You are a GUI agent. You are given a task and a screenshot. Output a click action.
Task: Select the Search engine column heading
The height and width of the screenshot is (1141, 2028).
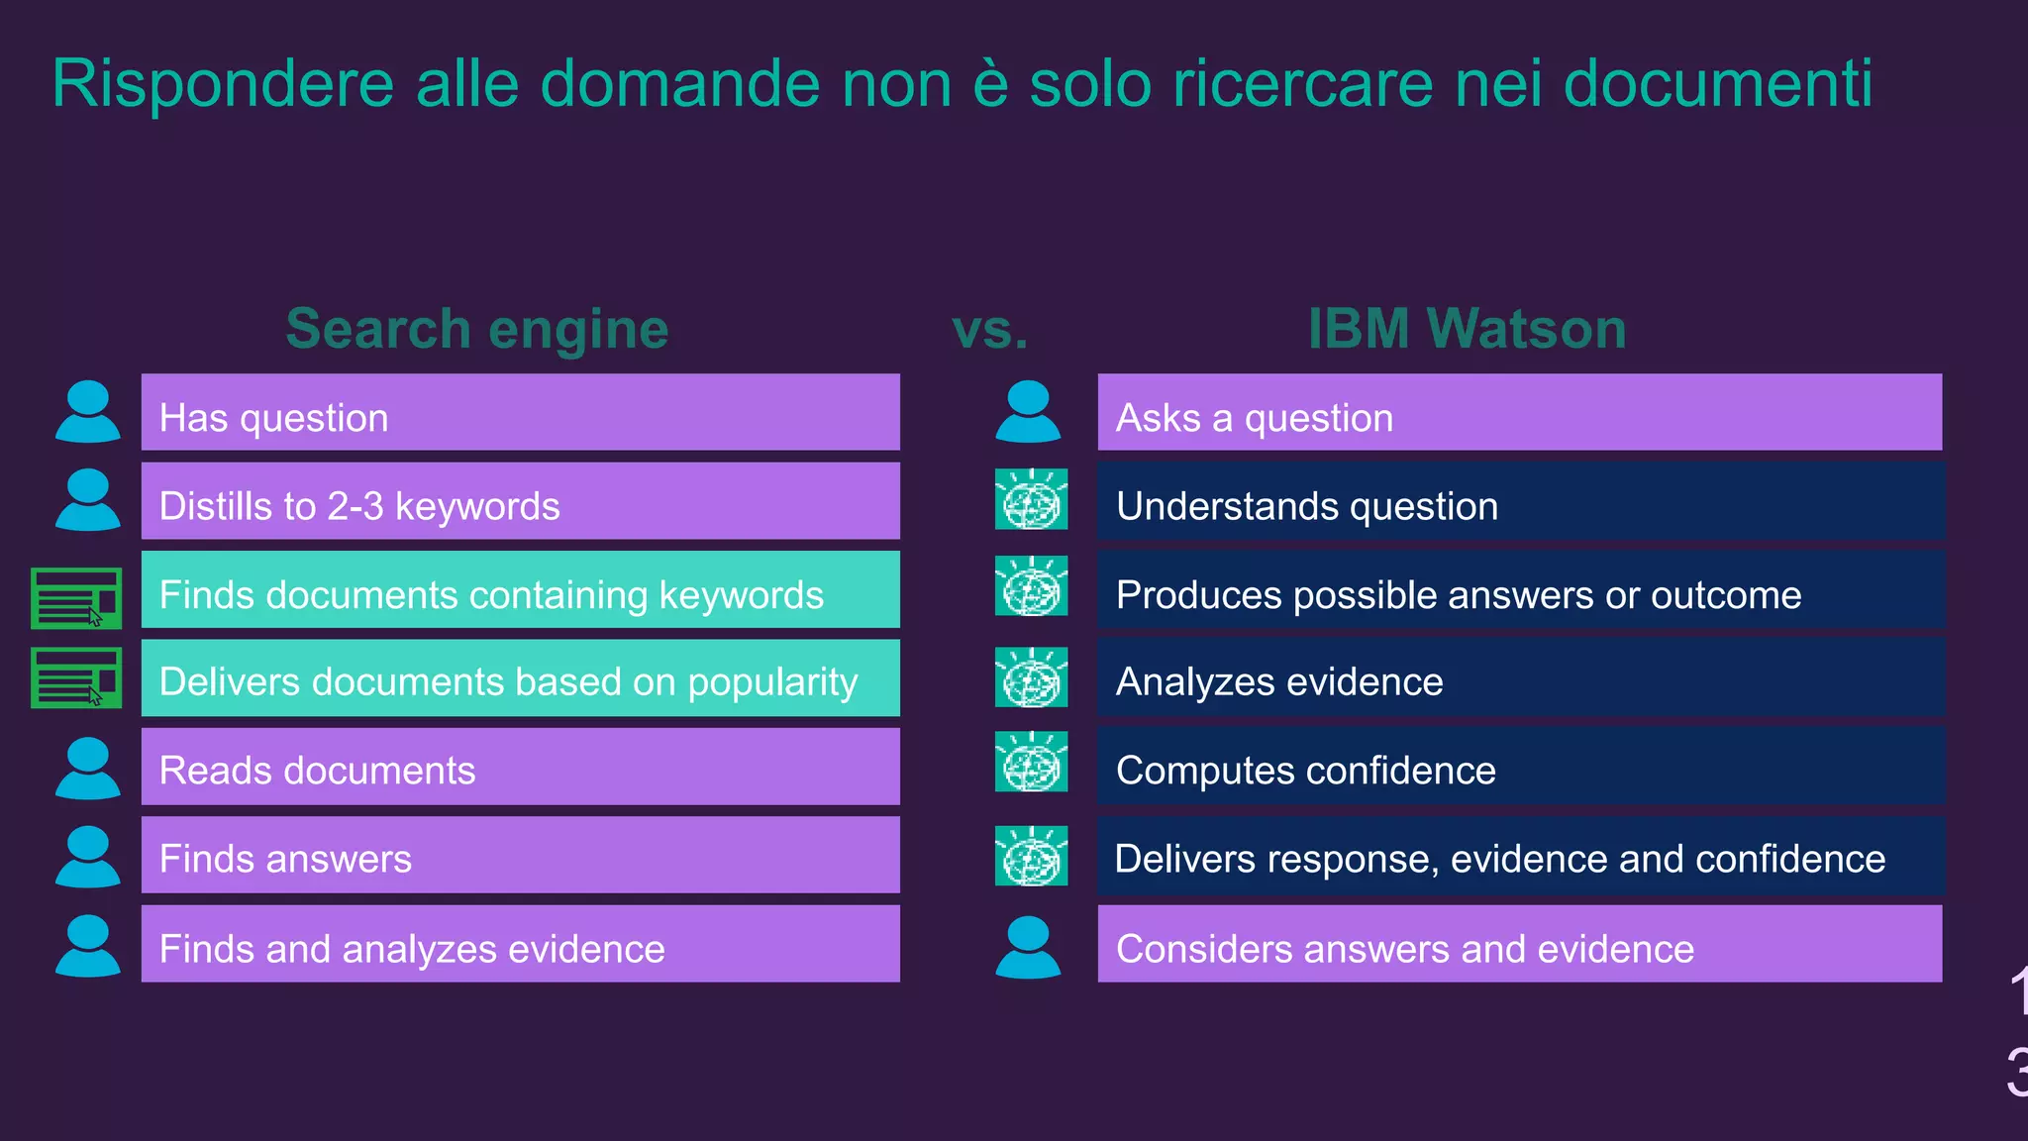476,329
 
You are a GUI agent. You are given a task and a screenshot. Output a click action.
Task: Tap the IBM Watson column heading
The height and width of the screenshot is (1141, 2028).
1467,329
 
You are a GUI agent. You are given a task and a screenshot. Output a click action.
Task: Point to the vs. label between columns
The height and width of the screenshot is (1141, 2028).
989,329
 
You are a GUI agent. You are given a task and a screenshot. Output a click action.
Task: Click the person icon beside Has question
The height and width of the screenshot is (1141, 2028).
88,411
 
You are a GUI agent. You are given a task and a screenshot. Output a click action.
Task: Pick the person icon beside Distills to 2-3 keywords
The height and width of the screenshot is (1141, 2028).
88,499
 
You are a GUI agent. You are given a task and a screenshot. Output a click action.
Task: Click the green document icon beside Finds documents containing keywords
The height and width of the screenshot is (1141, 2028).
76,597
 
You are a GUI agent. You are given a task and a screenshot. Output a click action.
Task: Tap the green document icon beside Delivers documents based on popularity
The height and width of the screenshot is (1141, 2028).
76,677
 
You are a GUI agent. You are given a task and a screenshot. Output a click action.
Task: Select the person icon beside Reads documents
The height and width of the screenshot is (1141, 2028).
88,768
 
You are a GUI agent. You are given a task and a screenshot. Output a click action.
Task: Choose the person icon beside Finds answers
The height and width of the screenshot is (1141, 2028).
88,856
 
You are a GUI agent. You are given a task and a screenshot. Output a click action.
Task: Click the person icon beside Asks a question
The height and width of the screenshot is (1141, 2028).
1028,411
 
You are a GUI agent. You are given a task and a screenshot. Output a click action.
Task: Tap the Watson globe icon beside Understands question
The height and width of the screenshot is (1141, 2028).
1031,499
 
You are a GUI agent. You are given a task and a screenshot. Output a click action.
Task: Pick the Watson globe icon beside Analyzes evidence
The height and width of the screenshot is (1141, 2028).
1031,677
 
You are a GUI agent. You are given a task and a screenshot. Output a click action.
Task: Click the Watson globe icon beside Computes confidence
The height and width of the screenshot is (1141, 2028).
1031,762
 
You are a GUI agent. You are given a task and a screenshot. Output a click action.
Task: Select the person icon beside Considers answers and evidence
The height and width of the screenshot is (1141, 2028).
1028,947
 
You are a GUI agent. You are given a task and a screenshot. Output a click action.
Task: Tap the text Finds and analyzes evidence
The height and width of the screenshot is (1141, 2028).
412,949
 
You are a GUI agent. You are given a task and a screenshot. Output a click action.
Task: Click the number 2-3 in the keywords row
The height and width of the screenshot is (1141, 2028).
355,506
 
